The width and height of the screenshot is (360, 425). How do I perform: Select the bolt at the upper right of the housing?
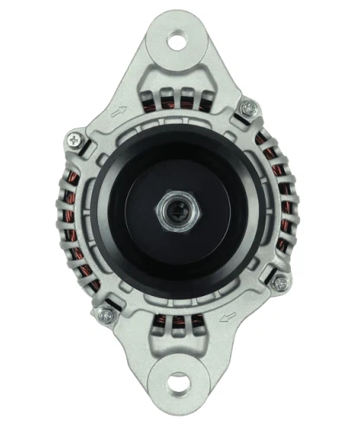[249, 107]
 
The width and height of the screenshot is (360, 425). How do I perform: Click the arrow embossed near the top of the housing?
[119, 110]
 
